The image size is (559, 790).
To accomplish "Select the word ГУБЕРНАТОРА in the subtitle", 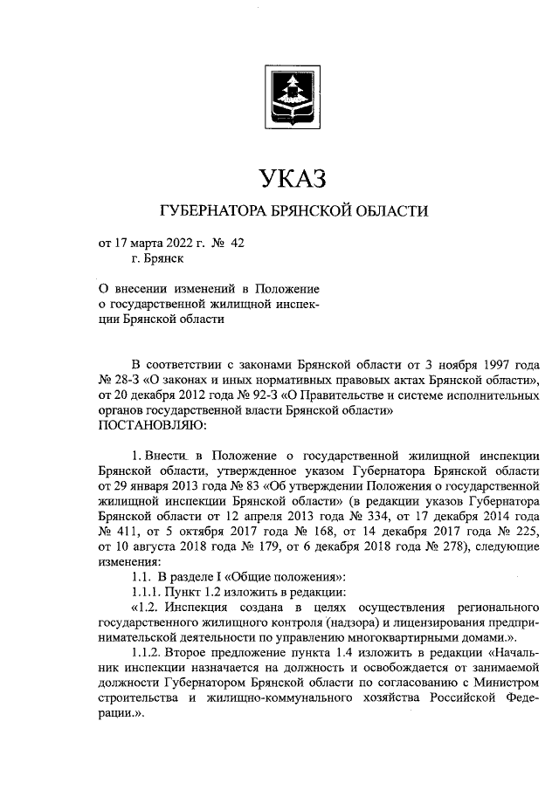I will [x=208, y=212].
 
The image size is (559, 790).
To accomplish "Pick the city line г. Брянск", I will [x=157, y=258].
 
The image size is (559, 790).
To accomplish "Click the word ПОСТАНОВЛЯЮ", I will [x=153, y=424].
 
